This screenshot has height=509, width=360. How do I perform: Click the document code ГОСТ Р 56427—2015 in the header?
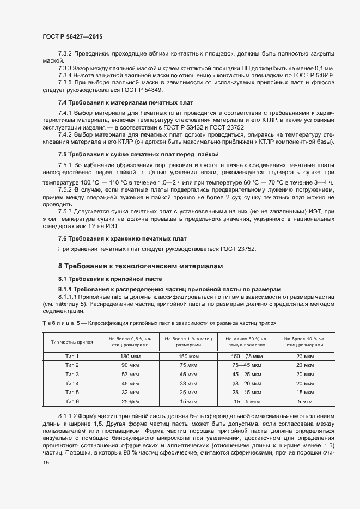click(72, 36)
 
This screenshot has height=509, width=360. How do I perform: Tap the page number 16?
click(46, 463)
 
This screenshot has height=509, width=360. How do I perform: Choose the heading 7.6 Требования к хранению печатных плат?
click(122, 239)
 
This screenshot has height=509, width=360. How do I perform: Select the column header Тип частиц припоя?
click(71, 342)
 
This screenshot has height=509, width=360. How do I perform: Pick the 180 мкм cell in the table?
click(131, 356)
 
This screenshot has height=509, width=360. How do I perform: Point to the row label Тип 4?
click(72, 383)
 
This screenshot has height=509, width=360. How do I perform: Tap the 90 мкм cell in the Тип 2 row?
click(131, 365)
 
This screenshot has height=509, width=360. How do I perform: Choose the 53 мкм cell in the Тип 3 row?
click(131, 375)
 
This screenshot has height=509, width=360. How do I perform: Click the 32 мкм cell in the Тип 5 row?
click(131, 393)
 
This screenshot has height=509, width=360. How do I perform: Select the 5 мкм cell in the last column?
click(306, 402)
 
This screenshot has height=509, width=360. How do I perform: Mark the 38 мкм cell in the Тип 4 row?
click(189, 383)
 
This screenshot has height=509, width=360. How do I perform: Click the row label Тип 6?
click(72, 402)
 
